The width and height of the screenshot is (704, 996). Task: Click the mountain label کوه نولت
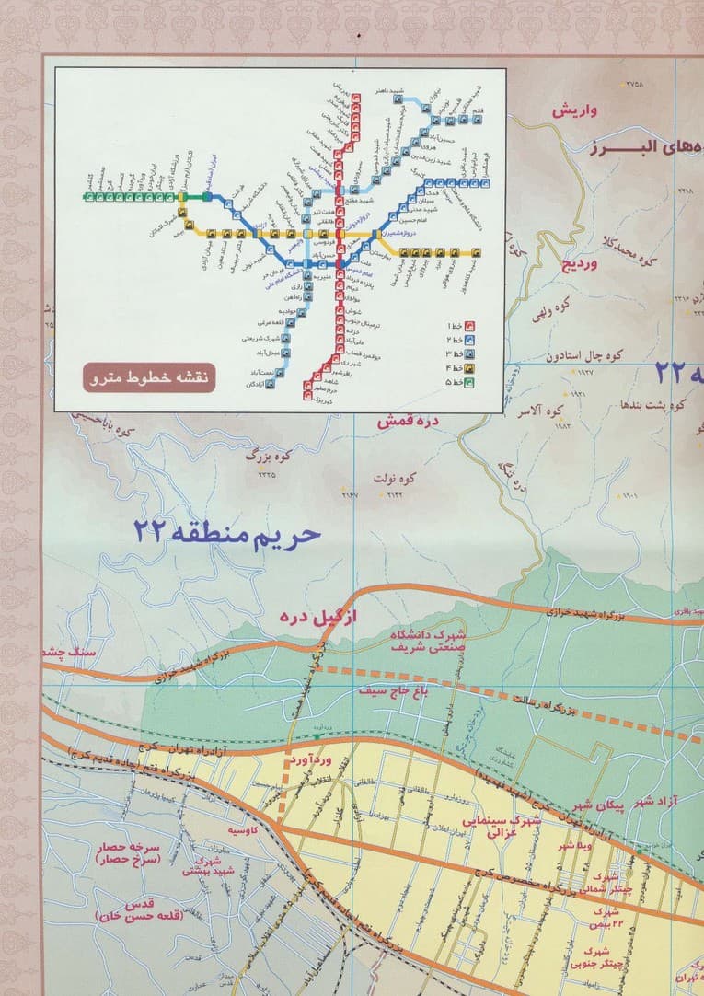pyautogui.click(x=395, y=479)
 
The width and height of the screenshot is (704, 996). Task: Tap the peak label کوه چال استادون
pyautogui.click(x=585, y=354)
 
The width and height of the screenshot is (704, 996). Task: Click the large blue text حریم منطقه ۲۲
pyautogui.click(x=226, y=532)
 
